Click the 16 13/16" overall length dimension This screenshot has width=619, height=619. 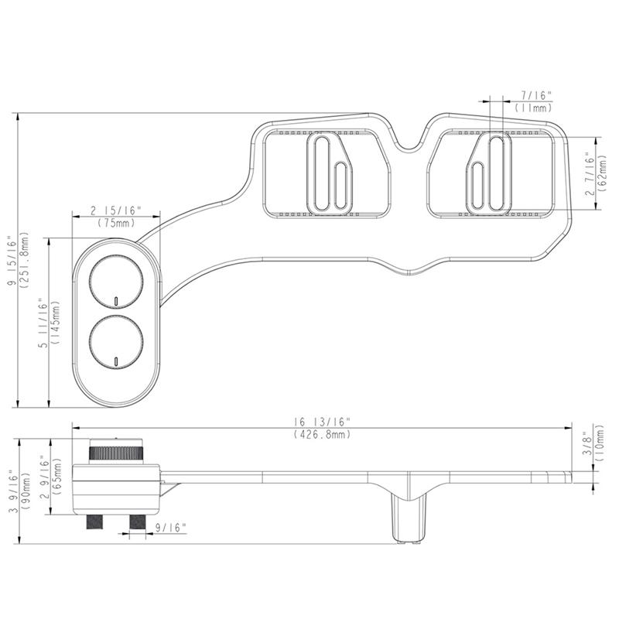point(322,422)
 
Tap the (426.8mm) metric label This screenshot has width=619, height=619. point(322,434)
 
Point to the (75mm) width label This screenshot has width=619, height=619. point(117,223)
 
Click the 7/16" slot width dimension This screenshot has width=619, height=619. point(535,95)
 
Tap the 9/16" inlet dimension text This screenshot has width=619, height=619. point(170,528)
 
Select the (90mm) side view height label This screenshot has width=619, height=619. point(26,491)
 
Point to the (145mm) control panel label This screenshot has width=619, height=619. point(55,323)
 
